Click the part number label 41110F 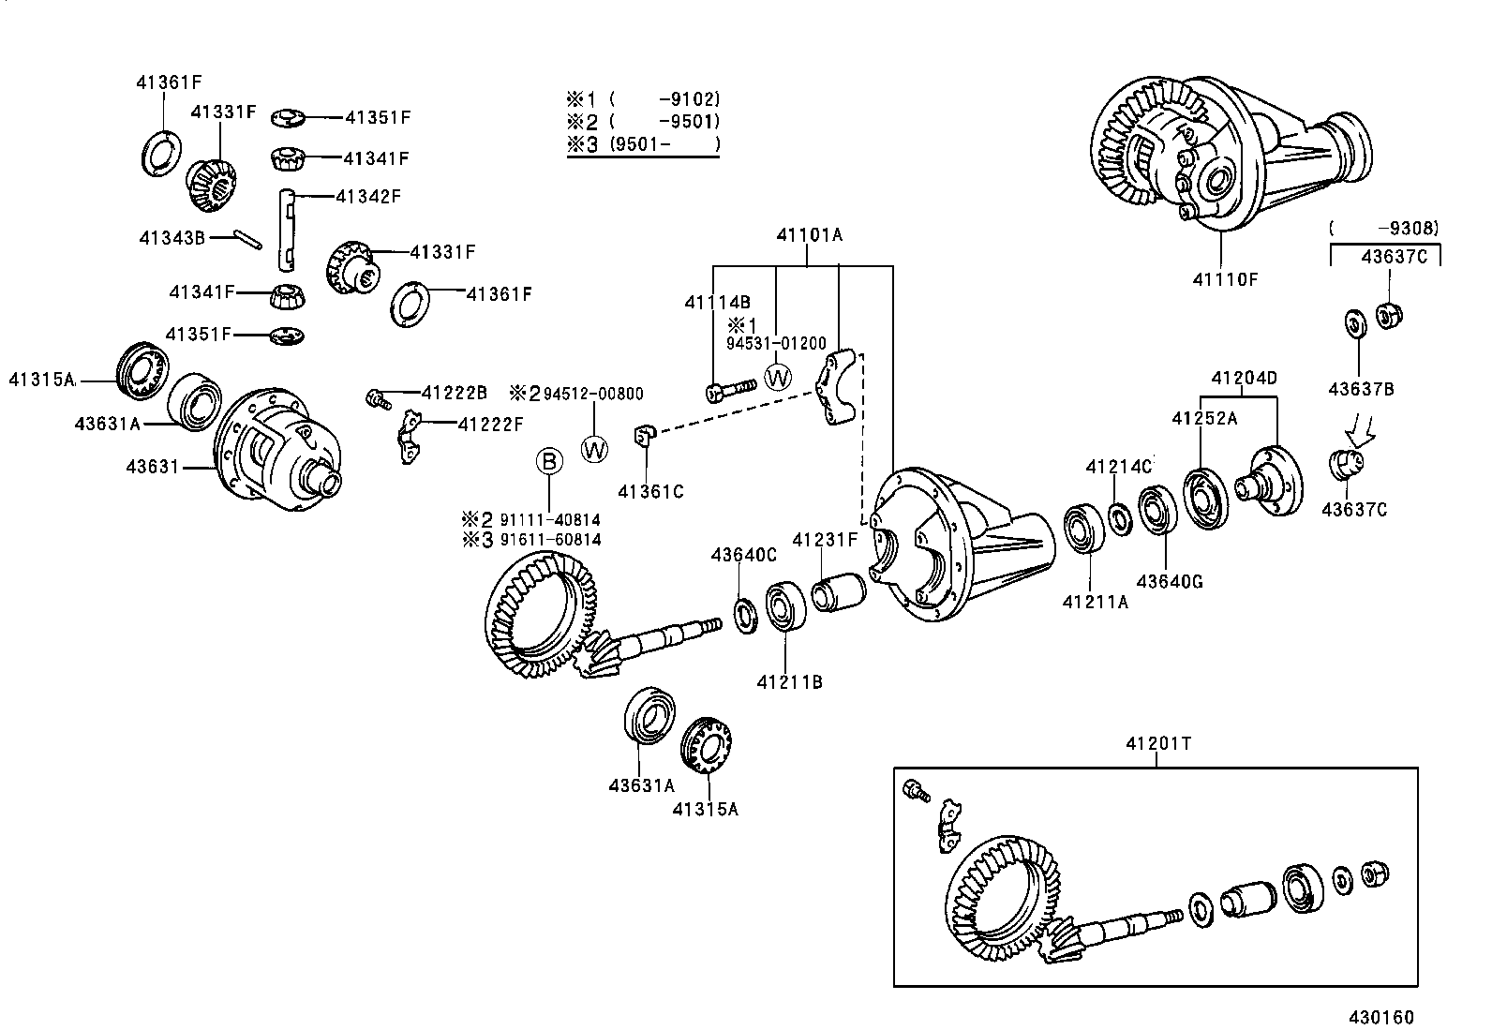1224,278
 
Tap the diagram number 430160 1380,1017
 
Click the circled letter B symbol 549,460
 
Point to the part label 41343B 172,238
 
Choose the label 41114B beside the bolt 717,302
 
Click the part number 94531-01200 776,344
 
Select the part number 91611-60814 550,540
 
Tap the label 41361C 650,490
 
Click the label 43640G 1169,582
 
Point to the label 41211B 789,682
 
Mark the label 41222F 490,425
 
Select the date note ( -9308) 1383,228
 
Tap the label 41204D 1244,379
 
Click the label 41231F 825,539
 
